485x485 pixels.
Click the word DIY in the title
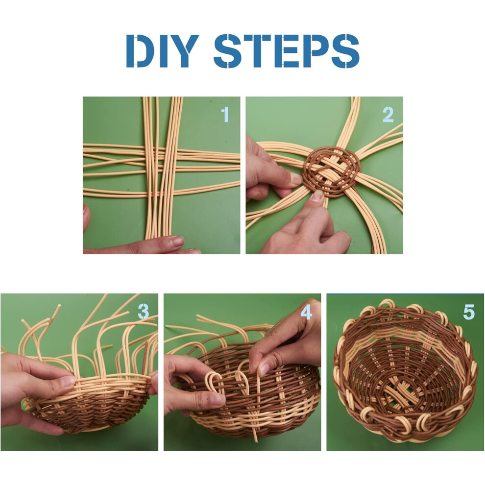(x=162, y=51)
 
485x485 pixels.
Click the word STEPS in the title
(x=286, y=51)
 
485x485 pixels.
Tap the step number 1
(x=225, y=115)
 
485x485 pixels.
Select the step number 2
(x=388, y=115)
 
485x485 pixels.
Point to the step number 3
(x=144, y=311)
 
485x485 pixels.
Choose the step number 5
(x=469, y=312)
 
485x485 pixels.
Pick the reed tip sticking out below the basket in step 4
(x=256, y=436)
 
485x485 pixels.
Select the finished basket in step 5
(x=404, y=371)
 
